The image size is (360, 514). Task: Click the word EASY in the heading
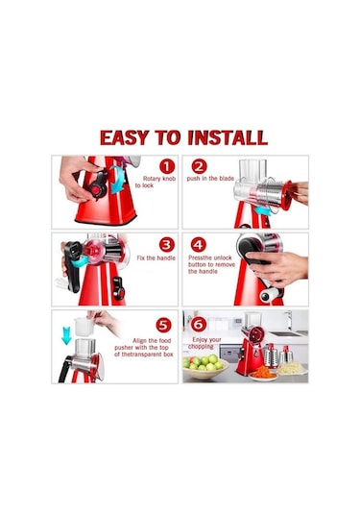(x=125, y=137)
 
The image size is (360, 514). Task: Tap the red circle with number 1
(x=167, y=166)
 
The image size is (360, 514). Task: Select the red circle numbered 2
(x=199, y=166)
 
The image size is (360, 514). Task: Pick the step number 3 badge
(x=167, y=245)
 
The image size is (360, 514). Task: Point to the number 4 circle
(x=198, y=245)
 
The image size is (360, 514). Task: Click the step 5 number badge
(x=163, y=326)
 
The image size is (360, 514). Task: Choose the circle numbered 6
(x=199, y=325)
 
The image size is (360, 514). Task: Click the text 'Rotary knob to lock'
(x=156, y=182)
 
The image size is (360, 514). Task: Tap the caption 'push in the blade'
(x=210, y=179)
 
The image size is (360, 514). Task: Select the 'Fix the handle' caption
(x=156, y=258)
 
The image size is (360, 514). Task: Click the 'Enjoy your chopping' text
(x=204, y=343)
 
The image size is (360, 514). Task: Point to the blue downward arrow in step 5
(x=66, y=335)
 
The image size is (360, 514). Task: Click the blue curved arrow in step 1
(x=117, y=180)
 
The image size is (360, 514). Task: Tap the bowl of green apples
(x=204, y=366)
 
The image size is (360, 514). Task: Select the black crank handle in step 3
(x=73, y=266)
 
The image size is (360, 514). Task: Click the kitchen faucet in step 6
(x=289, y=320)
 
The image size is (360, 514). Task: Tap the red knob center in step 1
(x=96, y=190)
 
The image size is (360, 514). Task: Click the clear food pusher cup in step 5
(x=84, y=326)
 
